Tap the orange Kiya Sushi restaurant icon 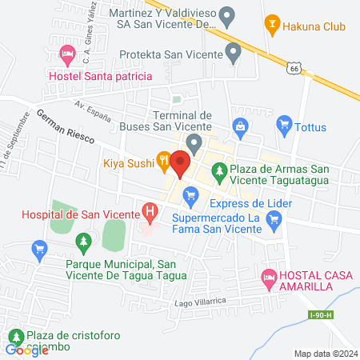[163, 160]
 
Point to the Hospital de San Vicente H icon [149, 211]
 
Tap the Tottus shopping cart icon [283, 125]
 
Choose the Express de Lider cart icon [190, 194]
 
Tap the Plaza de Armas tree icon [217, 169]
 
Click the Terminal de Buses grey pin [192, 142]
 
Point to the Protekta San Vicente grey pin [234, 54]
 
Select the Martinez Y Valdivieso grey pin [227, 14]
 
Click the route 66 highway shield [295, 70]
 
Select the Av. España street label [91, 107]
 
